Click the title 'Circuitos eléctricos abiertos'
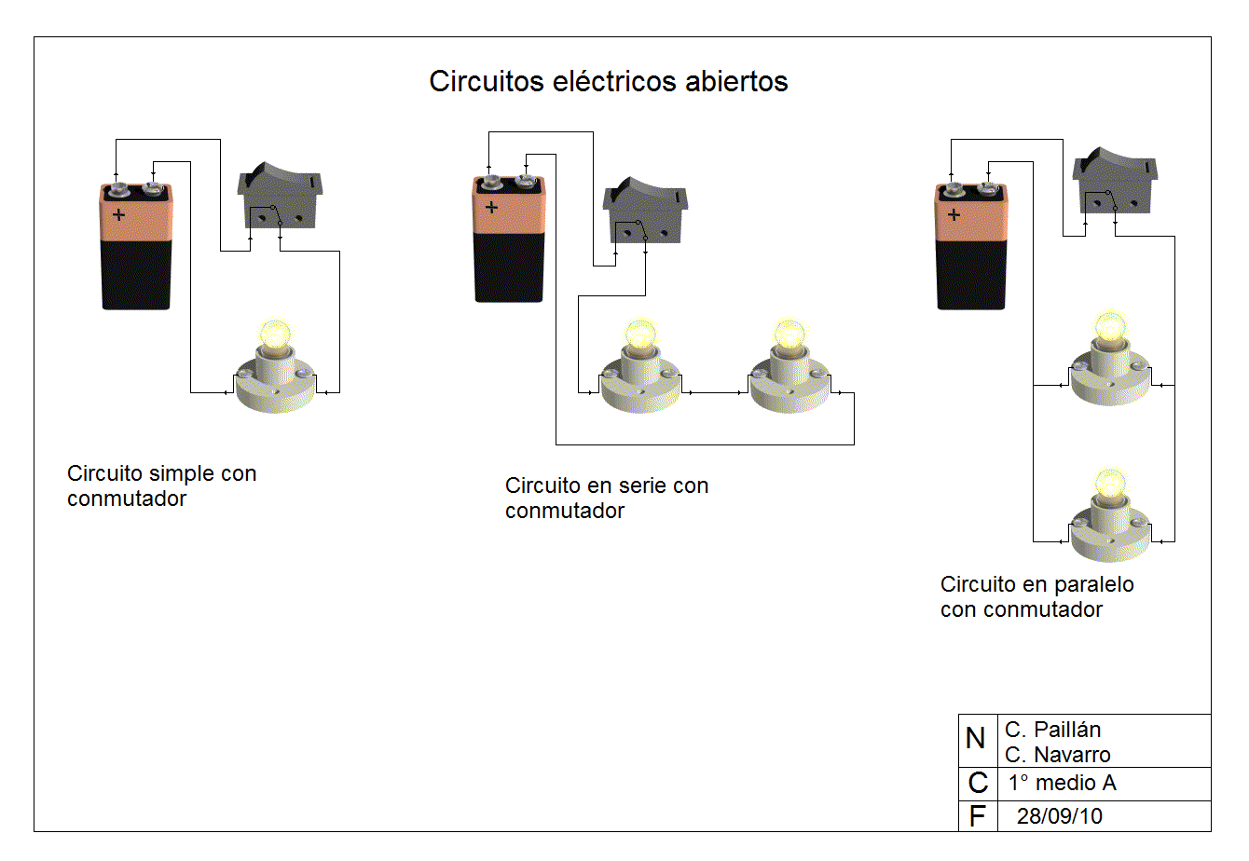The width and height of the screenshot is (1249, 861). click(x=608, y=82)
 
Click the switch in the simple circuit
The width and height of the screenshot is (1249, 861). click(x=281, y=197)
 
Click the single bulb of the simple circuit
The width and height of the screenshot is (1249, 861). click(x=275, y=368)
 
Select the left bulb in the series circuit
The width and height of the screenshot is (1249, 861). click(x=639, y=368)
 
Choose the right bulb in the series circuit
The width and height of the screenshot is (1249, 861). click(x=789, y=368)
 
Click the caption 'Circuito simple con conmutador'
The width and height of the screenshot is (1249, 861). click(x=161, y=485)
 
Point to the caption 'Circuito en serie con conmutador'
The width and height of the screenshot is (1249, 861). click(x=606, y=498)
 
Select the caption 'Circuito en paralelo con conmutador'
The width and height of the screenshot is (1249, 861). click(x=1036, y=596)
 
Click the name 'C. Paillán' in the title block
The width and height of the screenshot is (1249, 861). click(x=1052, y=730)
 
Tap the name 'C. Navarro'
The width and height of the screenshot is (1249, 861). click(x=1057, y=755)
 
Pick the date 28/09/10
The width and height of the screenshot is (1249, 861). click(x=1059, y=816)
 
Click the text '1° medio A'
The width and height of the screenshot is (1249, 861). click(x=1062, y=783)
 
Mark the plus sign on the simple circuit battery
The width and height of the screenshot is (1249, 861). click(x=118, y=215)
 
